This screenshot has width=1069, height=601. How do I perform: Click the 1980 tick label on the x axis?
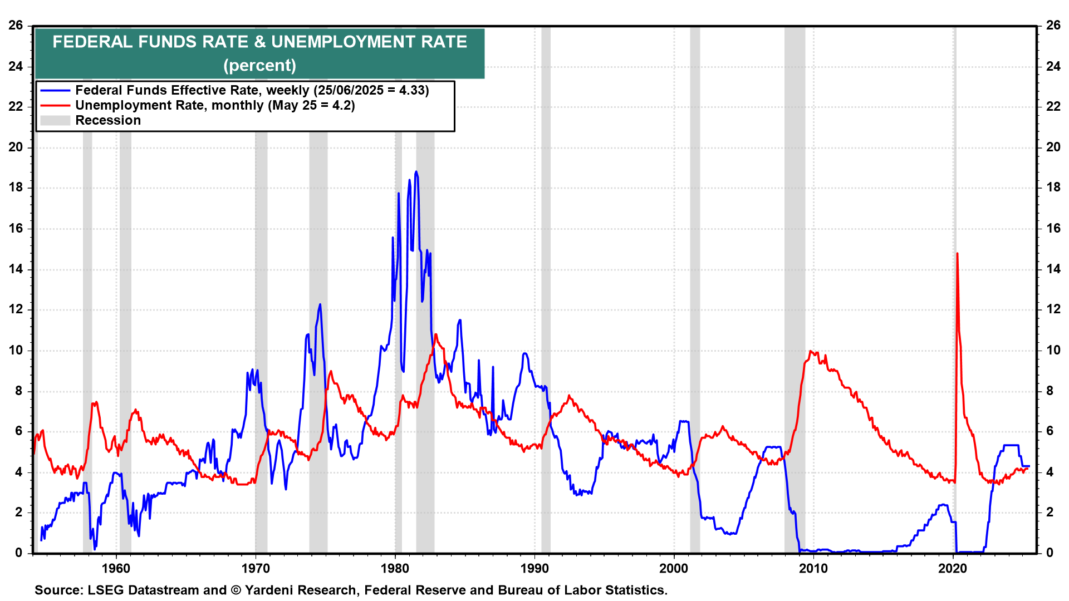(395, 568)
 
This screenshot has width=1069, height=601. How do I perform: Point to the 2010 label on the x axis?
(813, 568)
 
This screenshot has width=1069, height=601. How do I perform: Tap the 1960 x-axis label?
(116, 568)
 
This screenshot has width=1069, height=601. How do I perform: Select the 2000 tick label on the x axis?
(674, 568)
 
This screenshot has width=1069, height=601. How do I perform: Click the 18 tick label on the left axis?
(16, 188)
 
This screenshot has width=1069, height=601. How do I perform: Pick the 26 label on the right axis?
(1053, 25)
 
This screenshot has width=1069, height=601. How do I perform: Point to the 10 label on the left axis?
(16, 350)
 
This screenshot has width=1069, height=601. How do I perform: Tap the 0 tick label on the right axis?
(1050, 553)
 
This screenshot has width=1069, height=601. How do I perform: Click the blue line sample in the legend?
(55, 90)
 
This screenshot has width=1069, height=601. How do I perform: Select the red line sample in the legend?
(55, 105)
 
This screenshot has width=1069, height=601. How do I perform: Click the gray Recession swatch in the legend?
(55, 120)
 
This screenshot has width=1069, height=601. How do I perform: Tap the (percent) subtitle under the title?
(259, 65)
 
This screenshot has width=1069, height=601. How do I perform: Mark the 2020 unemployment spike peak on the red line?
(957, 254)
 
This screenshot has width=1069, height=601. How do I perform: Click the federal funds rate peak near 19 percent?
(416, 172)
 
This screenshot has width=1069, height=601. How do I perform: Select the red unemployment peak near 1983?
(435, 334)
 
